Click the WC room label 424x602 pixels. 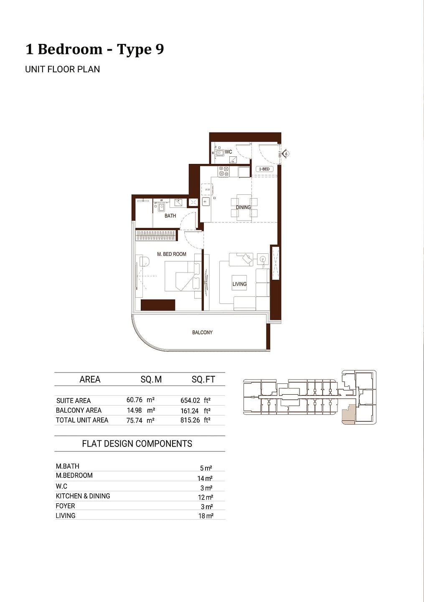point(228,152)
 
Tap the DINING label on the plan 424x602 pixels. point(243,207)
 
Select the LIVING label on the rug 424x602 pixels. point(239,284)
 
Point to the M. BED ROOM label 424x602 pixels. point(172,254)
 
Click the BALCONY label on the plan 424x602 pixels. point(202,332)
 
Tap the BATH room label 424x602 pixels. point(170,216)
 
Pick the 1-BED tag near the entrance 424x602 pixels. point(264,169)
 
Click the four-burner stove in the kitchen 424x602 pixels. point(224,171)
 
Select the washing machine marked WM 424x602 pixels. point(207,189)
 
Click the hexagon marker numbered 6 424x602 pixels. point(287,154)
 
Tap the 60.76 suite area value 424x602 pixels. point(134,400)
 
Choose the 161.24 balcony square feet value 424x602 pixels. point(190,411)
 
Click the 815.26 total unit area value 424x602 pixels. point(190,420)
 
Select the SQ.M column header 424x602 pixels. point(151,379)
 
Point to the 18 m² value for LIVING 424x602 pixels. point(206,516)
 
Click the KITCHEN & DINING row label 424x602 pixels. point(83,496)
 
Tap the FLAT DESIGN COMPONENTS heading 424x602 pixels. point(137,444)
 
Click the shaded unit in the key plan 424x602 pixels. point(348,415)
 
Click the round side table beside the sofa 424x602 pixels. point(263,259)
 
